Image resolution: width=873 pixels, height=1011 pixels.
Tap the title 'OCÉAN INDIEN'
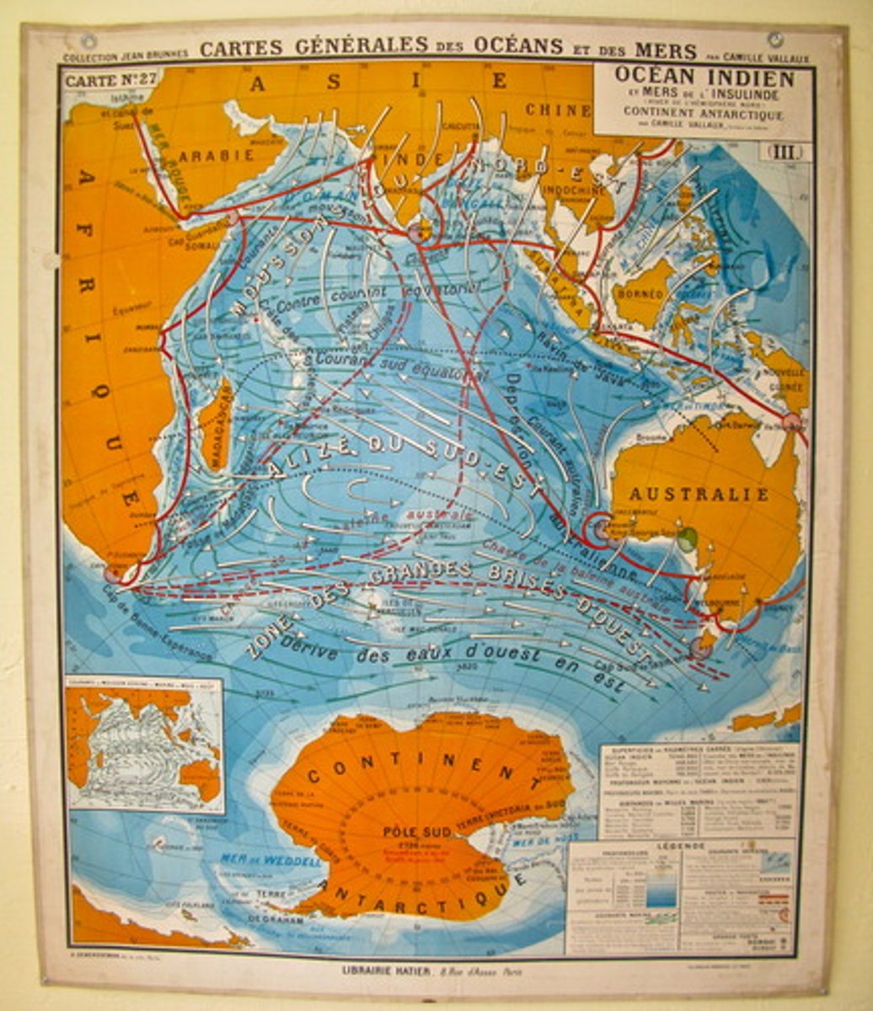(x=704, y=78)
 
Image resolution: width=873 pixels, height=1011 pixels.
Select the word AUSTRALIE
(x=699, y=494)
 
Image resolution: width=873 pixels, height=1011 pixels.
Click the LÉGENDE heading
(x=682, y=845)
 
